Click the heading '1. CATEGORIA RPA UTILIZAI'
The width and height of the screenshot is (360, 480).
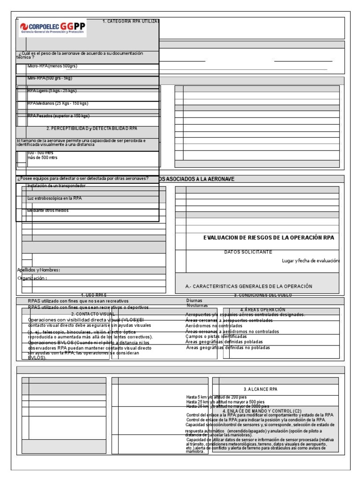point(131,21)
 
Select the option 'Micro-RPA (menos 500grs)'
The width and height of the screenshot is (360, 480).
point(52,66)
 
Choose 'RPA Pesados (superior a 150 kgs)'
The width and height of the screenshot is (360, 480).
point(58,115)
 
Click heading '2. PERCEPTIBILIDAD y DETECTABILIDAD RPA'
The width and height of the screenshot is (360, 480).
point(92,128)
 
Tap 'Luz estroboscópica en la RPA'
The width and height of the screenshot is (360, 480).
point(54,198)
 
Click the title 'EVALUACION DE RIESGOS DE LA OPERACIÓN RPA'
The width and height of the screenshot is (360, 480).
point(269,238)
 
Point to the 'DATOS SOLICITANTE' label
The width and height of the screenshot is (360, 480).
point(248,252)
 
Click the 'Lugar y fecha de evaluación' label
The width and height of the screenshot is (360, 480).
point(311,261)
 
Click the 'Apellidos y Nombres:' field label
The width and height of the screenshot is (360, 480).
point(38,270)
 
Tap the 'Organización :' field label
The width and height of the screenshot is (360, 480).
point(32,278)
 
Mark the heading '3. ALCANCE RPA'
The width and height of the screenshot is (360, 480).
point(260,390)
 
